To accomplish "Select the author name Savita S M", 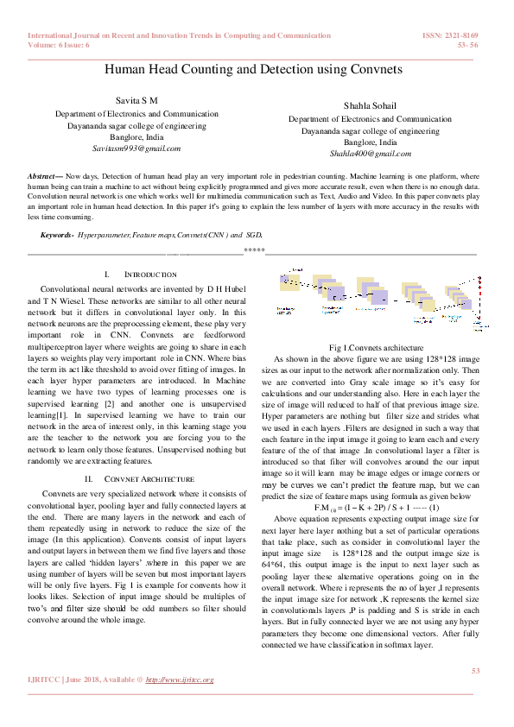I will pyautogui.click(x=136, y=101).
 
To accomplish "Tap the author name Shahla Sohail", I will pyautogui.click(x=370, y=106).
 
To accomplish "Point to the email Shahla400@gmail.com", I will pyautogui.click(x=370, y=153).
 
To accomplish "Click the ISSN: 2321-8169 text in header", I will pyautogui.click(x=449, y=35).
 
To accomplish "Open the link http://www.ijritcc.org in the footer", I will pyautogui.click(x=179, y=680).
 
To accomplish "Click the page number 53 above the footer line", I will pyautogui.click(x=474, y=670).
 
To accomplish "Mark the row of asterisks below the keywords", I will pyautogui.click(x=254, y=250).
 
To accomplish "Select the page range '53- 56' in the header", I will pyautogui.click(x=468, y=44).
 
